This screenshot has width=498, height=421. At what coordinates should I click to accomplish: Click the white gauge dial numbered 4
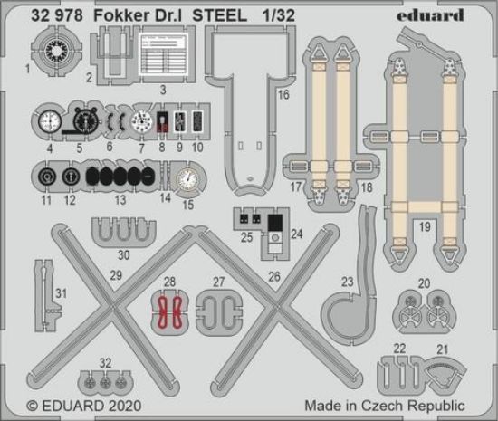click(50, 120)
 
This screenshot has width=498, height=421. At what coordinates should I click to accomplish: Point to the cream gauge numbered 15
click(186, 180)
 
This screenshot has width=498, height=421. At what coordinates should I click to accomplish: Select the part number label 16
click(283, 93)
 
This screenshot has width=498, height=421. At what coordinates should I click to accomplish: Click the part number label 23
click(346, 282)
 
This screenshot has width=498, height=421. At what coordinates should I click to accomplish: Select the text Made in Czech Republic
click(385, 406)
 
